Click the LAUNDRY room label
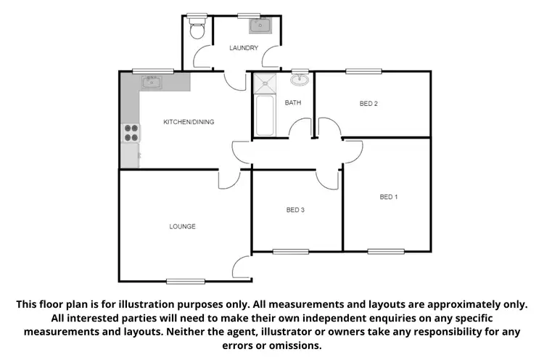[243, 48]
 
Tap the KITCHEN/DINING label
[189, 121]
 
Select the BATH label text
[292, 103]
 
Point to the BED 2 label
[368, 103]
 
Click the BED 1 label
[389, 197]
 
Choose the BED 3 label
[294, 210]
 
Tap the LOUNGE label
[182, 226]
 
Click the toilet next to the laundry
[196, 29]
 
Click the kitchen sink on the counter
[152, 82]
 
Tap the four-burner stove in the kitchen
[131, 133]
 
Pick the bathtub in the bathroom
[264, 115]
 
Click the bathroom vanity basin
[300, 79]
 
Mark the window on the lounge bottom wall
[181, 281]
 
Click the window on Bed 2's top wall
[358, 71]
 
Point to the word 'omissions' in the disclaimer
[294, 345]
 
